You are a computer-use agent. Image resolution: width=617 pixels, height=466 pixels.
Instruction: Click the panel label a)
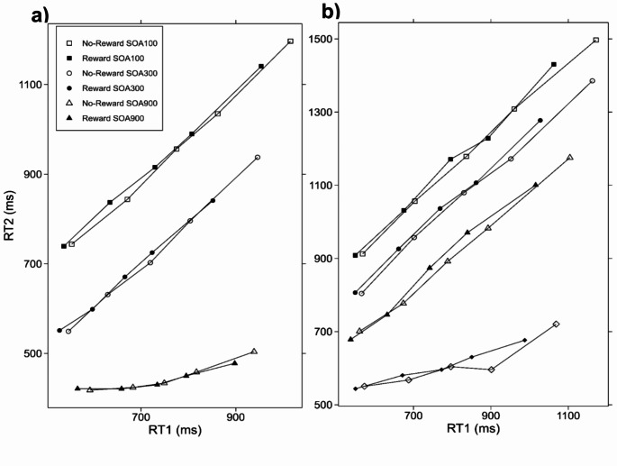coord(41,15)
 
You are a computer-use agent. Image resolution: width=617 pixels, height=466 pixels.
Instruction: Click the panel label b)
coord(331,12)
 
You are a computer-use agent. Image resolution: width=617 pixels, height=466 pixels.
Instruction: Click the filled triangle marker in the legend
coord(69,118)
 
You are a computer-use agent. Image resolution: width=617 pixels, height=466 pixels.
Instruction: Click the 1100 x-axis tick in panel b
coord(568,416)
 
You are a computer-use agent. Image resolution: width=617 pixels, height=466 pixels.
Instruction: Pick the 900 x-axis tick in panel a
coord(235,416)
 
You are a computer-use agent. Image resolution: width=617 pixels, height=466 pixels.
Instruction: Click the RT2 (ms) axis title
coord(9,215)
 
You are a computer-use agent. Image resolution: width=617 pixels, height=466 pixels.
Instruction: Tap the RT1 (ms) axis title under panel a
coord(175,430)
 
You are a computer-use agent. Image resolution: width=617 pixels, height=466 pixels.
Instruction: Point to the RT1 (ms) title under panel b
coord(473,428)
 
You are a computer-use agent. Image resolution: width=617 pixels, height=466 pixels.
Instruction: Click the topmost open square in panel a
coord(290,41)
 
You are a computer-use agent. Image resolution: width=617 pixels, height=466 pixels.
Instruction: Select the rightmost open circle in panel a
coord(258,157)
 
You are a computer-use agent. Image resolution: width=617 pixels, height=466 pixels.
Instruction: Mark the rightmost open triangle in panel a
coord(254,351)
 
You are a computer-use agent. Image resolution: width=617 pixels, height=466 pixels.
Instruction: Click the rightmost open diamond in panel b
coord(556,324)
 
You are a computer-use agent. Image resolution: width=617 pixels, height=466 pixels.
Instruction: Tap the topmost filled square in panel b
coord(554,64)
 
